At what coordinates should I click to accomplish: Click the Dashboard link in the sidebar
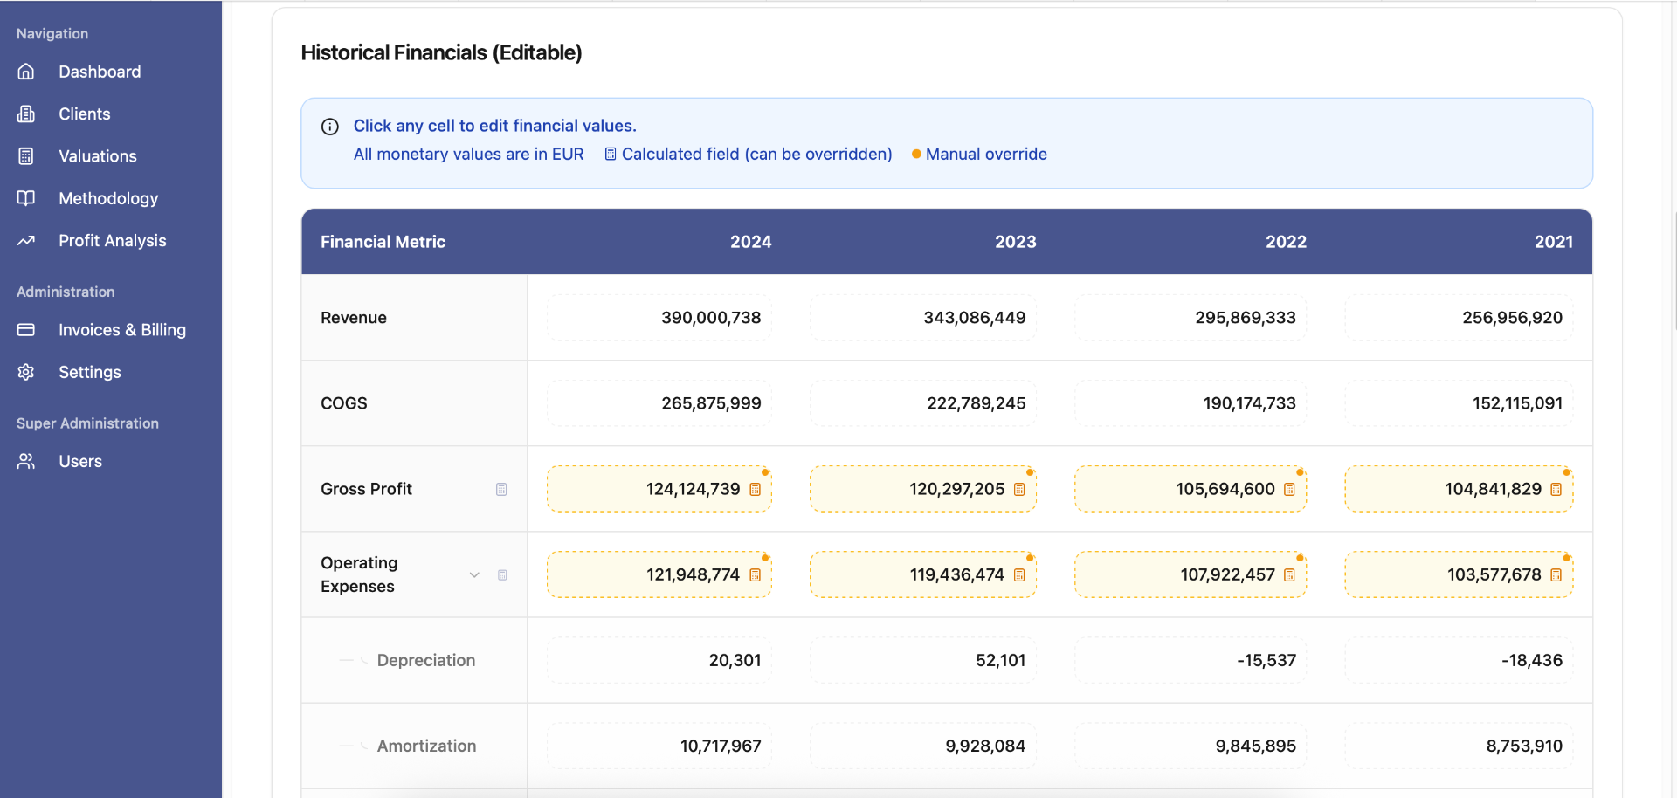tap(99, 72)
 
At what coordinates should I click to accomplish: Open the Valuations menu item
tap(97, 156)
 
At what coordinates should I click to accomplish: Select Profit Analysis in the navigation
tap(112, 241)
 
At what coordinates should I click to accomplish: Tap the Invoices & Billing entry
tap(121, 330)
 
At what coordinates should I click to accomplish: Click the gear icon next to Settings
tap(26, 372)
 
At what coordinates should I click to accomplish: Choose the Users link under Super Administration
tap(79, 461)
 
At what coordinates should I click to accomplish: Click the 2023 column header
tap(1015, 242)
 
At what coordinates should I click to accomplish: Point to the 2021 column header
tap(1553, 242)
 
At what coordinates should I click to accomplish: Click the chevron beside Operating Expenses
tap(474, 574)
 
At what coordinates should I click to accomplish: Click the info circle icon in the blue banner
tap(330, 127)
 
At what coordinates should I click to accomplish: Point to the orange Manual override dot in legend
tap(916, 155)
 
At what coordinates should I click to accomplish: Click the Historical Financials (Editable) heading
tap(441, 52)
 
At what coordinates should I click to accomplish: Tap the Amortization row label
tap(426, 746)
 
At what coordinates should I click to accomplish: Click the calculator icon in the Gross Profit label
tap(501, 489)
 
